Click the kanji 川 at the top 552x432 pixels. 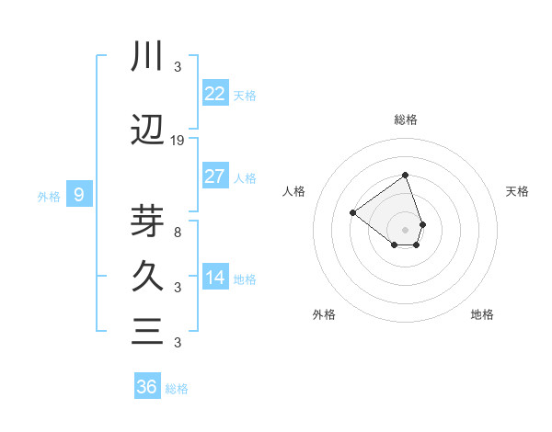pyautogui.click(x=147, y=57)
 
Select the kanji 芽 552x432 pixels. pyautogui.click(x=147, y=219)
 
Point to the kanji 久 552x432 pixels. pyautogui.click(x=147, y=276)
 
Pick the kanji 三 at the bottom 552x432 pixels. pyautogui.click(x=147, y=331)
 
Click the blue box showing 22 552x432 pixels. pyautogui.click(x=215, y=93)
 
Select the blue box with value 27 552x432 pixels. pyautogui.click(x=215, y=176)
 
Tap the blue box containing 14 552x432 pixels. pyautogui.click(x=215, y=278)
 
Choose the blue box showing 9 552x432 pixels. pyautogui.click(x=80, y=195)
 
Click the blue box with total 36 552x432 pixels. pyautogui.click(x=147, y=387)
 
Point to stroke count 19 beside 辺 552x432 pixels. pyautogui.click(x=178, y=140)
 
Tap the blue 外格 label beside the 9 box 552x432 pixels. pyautogui.click(x=48, y=196)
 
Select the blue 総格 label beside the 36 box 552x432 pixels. pyautogui.click(x=177, y=389)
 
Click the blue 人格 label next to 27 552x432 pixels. pyautogui.click(x=245, y=178)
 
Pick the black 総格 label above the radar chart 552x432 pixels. pyautogui.click(x=405, y=119)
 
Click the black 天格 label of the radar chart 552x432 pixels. pyautogui.click(x=518, y=191)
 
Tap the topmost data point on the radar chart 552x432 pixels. pyautogui.click(x=405, y=175)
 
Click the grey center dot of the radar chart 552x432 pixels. pyautogui.click(x=405, y=230)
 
